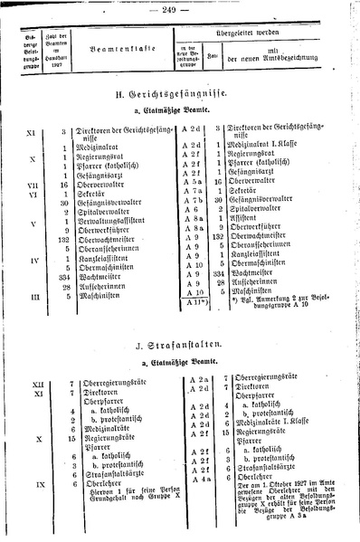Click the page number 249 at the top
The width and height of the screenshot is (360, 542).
[x=180, y=8]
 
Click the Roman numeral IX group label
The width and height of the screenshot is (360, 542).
[x=31, y=484]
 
